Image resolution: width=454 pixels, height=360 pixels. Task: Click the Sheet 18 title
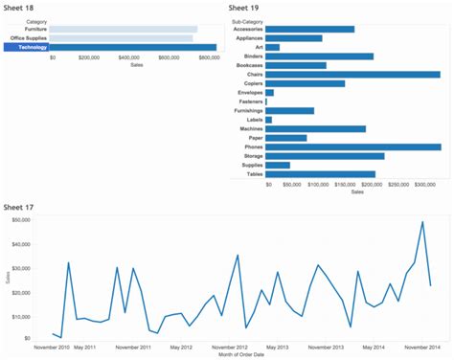point(20,8)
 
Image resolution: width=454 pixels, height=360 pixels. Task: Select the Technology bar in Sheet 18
point(133,47)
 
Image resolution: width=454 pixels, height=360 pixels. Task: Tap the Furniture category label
point(35,30)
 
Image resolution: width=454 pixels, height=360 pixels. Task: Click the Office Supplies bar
point(121,38)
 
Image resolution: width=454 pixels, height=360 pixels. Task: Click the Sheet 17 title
point(20,207)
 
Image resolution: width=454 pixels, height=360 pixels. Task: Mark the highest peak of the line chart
point(422,222)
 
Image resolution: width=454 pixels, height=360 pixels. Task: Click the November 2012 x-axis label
point(229,348)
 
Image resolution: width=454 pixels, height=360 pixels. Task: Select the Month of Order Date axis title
point(228,356)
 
